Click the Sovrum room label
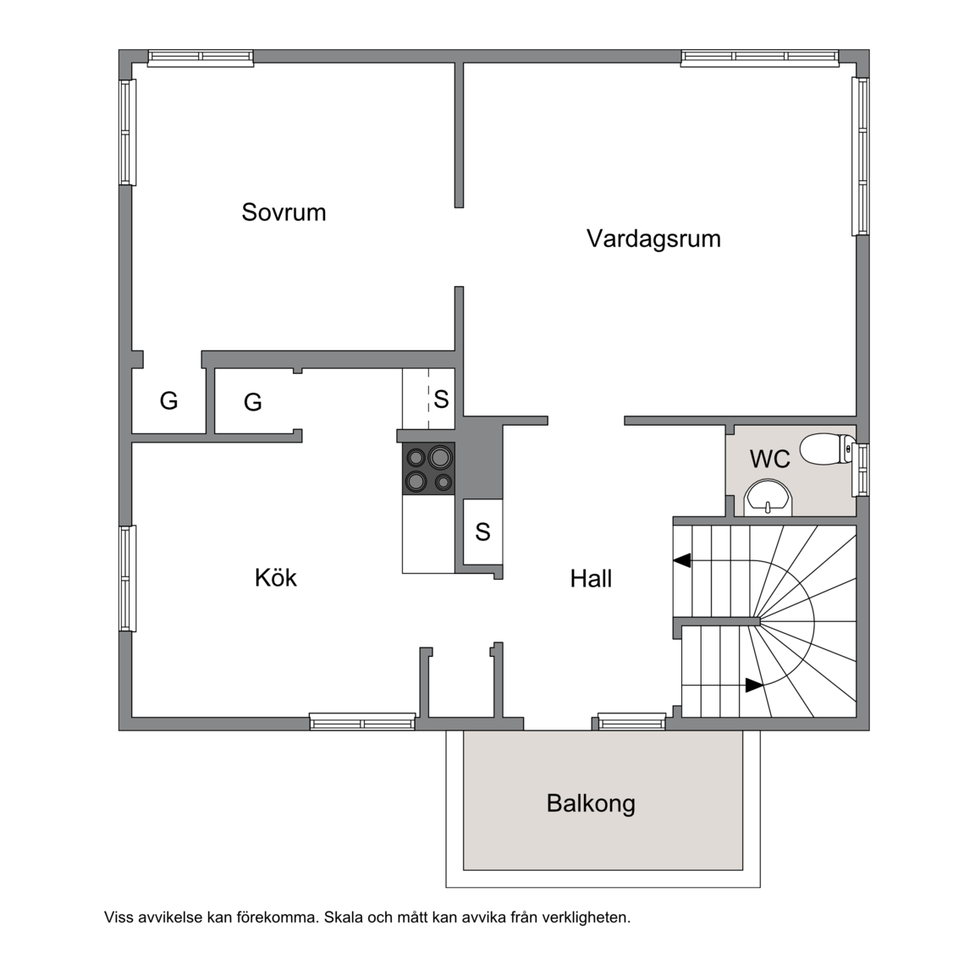pyautogui.click(x=284, y=212)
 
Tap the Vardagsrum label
pyautogui.click(x=653, y=239)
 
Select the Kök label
pyautogui.click(x=275, y=578)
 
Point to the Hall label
pyautogui.click(x=591, y=579)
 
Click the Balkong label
pyautogui.click(x=591, y=803)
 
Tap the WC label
pyautogui.click(x=770, y=459)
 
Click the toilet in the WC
pyautogui.click(x=827, y=449)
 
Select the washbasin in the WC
pyautogui.click(x=769, y=498)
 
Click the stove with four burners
pyautogui.click(x=428, y=469)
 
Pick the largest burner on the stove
pyautogui.click(x=439, y=458)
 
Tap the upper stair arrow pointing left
pyautogui.click(x=682, y=560)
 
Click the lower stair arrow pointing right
pyautogui.click(x=754, y=686)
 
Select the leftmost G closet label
pyautogui.click(x=168, y=400)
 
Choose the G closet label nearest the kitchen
pyautogui.click(x=252, y=402)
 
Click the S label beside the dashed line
pyautogui.click(x=442, y=399)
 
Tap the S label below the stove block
pyautogui.click(x=482, y=532)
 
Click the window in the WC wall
pyautogui.click(x=862, y=470)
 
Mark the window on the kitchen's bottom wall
pyautogui.click(x=362, y=722)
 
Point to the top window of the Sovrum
pyautogui.click(x=201, y=58)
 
